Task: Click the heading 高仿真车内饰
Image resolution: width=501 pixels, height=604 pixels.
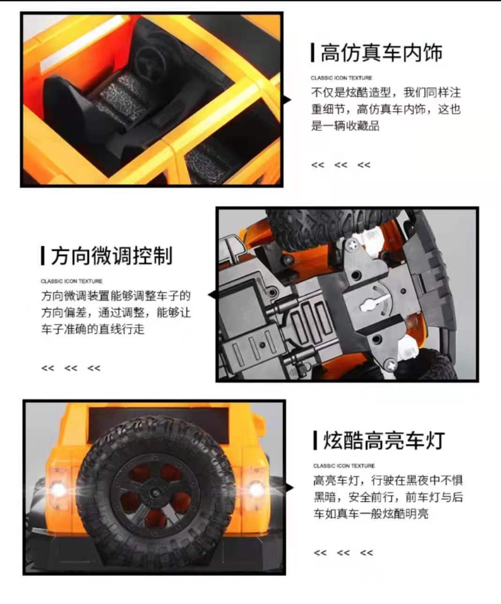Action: tap(381, 53)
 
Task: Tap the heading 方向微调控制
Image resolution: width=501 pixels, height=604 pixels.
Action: tap(112, 256)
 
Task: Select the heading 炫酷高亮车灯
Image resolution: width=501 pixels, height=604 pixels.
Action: tap(384, 441)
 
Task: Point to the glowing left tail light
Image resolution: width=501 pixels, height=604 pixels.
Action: tap(58, 489)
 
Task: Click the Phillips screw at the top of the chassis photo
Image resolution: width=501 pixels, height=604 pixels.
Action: tap(351, 244)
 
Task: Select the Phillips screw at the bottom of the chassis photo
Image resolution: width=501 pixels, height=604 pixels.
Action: tap(391, 365)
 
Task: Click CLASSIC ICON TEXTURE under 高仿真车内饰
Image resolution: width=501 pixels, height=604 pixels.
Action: tap(342, 78)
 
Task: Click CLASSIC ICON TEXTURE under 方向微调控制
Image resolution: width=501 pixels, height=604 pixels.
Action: tap(71, 281)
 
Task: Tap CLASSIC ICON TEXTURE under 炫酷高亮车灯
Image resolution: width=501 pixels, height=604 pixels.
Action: tap(344, 466)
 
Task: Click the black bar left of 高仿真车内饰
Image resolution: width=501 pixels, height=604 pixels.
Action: tap(312, 53)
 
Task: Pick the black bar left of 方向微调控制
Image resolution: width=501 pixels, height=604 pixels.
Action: tap(43, 256)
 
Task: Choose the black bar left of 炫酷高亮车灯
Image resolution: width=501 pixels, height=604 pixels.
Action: tap(315, 441)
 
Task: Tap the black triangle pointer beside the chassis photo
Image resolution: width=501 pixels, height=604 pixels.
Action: tap(212, 295)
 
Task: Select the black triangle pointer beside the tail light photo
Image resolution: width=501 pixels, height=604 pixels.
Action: tap(289, 488)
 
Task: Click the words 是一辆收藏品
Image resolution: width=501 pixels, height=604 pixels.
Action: tap(345, 126)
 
